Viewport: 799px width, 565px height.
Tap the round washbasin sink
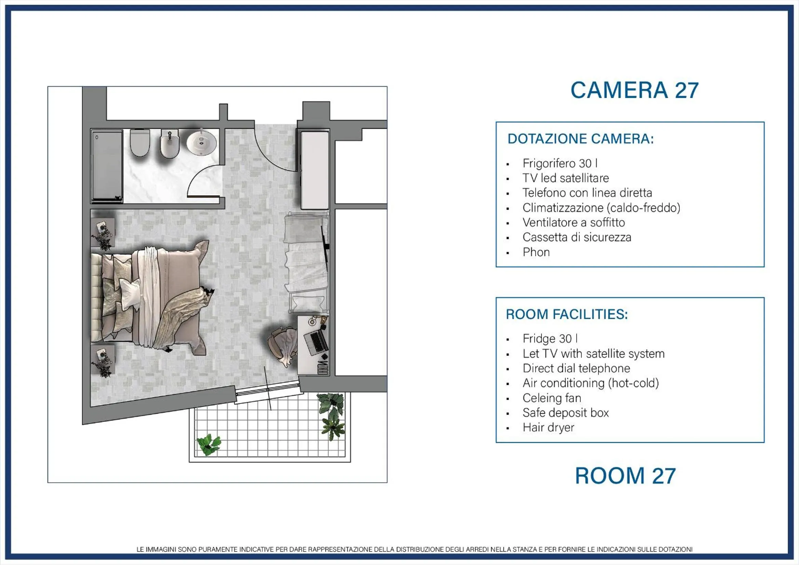[x=202, y=142]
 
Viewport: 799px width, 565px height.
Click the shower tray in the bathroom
[x=107, y=166]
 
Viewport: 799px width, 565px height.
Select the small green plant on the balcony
[x=209, y=444]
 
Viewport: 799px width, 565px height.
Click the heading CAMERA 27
[x=634, y=91]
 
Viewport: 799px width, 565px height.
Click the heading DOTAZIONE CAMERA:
[x=581, y=139]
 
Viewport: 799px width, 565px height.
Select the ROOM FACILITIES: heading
[x=567, y=314]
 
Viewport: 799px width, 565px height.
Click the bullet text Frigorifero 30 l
[x=560, y=163]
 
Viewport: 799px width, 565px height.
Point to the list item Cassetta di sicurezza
[x=577, y=237]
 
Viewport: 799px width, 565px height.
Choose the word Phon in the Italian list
[x=536, y=252]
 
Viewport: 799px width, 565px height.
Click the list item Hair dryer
[x=548, y=428]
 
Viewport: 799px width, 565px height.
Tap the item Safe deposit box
[x=566, y=413]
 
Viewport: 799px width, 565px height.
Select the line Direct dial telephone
[x=576, y=368]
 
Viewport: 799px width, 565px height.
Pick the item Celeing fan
[x=552, y=398]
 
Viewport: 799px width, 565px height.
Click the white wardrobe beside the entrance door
[x=315, y=170]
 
